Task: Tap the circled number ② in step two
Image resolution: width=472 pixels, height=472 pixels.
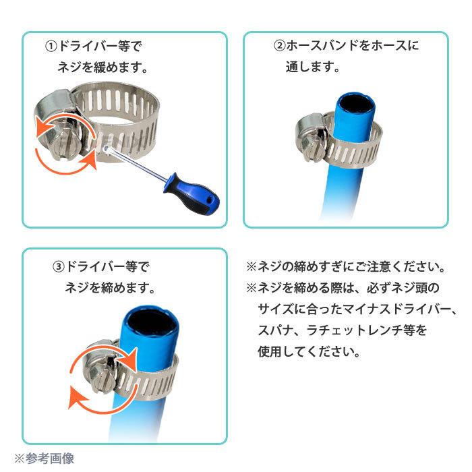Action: [x=279, y=47]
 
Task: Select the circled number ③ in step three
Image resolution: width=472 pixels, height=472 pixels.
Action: [x=59, y=266]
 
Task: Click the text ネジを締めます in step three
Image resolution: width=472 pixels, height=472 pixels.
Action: [x=111, y=287]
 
